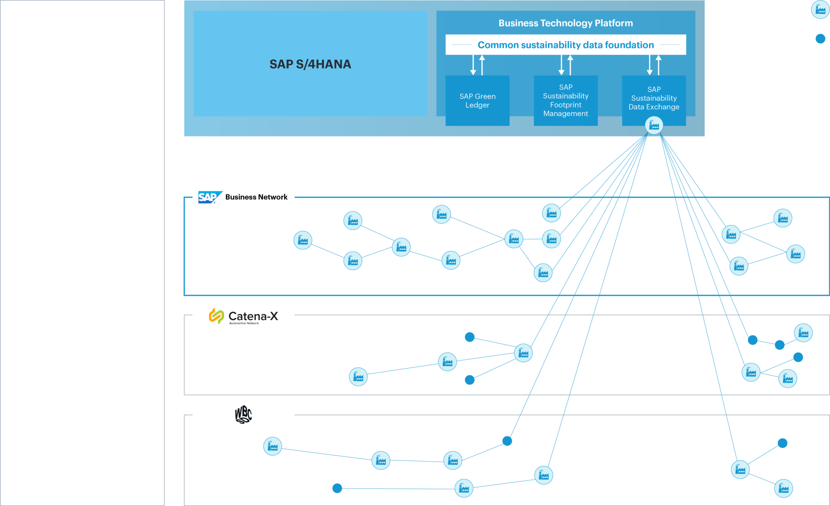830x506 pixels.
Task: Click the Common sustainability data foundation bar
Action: coord(566,45)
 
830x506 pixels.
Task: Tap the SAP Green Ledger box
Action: coord(477,100)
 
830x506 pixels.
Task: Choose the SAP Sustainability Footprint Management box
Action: coord(566,100)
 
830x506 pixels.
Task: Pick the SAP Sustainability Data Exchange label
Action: coord(654,98)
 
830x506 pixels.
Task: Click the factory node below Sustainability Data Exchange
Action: coord(654,126)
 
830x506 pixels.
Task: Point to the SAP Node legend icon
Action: coord(820,10)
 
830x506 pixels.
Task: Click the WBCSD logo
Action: coord(243,414)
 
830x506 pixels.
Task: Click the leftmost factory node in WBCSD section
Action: coord(272,446)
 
